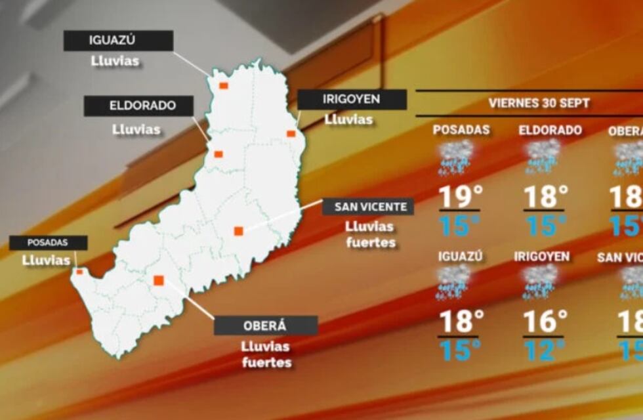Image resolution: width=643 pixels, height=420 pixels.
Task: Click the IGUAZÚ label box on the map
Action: click(118, 41)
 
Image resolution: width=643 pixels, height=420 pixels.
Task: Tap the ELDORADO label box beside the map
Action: click(138, 106)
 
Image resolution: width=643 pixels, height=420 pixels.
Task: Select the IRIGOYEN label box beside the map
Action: click(352, 100)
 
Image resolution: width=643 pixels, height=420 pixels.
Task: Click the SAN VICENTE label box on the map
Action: click(368, 207)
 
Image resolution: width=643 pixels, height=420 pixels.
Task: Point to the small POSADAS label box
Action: click(48, 243)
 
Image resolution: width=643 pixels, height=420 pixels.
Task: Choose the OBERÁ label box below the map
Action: click(266, 325)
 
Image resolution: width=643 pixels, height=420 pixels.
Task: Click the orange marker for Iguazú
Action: click(224, 85)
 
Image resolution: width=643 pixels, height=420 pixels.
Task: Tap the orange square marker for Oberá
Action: click(158, 280)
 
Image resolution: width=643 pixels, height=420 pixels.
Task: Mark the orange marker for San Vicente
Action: click(239, 230)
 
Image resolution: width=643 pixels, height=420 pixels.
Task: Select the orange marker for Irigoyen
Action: click(291, 134)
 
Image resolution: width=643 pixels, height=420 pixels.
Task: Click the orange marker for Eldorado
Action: click(218, 154)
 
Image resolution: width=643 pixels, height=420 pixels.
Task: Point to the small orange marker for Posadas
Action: click(79, 271)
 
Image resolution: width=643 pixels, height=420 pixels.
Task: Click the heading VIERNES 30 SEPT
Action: click(539, 103)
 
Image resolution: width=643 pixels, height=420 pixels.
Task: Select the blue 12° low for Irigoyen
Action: click(544, 350)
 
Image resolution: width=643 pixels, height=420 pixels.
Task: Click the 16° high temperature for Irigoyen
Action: click(545, 322)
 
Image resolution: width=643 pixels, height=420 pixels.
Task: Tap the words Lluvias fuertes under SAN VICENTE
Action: click(371, 234)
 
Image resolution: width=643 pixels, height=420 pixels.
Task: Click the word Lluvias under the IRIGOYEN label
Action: click(348, 120)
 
